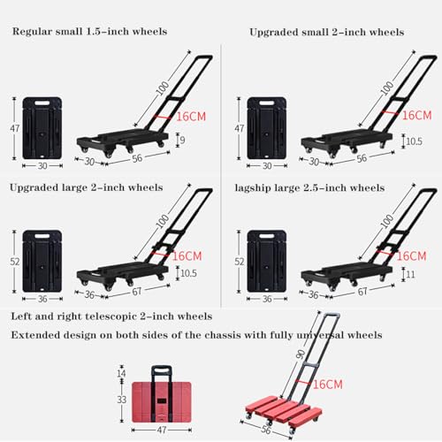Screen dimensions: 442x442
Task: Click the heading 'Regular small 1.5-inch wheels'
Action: click(89, 31)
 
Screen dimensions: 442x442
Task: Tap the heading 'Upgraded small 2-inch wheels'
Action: click(327, 32)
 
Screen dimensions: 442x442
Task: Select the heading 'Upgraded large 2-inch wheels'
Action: click(86, 187)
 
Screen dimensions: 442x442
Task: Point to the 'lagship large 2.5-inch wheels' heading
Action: click(309, 187)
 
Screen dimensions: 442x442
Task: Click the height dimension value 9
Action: click(182, 140)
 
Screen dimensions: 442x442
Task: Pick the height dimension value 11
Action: click(410, 274)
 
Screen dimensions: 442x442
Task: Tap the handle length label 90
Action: click(301, 354)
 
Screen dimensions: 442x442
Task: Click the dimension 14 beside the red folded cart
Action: click(121, 373)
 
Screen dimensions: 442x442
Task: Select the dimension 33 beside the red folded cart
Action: click(121, 400)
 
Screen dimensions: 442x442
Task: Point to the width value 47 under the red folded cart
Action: click(162, 430)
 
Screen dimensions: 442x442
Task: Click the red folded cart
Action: click(162, 394)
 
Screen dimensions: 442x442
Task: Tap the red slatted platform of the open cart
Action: click(284, 410)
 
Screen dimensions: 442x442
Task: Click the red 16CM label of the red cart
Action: click(328, 385)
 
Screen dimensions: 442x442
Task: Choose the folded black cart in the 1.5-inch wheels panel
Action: click(42, 128)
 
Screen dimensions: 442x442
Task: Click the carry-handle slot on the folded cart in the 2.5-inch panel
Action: click(267, 236)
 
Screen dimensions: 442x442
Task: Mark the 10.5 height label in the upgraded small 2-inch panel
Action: click(414, 141)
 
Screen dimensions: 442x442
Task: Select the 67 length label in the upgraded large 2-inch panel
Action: click(136, 292)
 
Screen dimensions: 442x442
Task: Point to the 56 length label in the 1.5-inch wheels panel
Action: click(137, 158)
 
